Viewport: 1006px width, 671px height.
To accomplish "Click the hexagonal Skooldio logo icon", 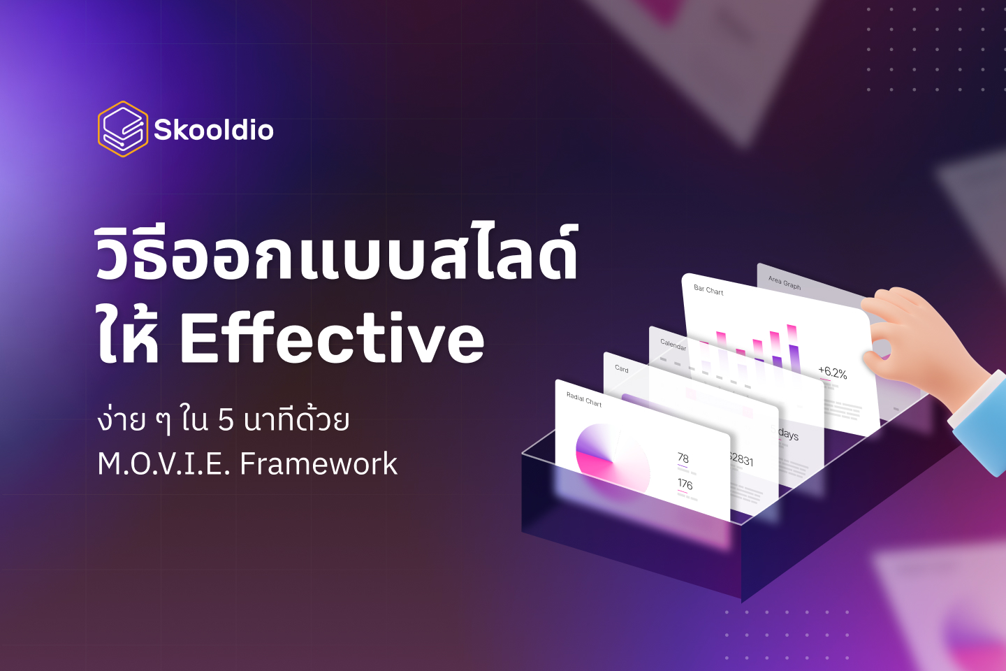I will (122, 129).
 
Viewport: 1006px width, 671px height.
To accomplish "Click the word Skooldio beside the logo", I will (214, 130).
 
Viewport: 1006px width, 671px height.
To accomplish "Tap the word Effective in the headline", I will (332, 339).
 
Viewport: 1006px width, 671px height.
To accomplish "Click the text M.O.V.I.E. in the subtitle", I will (164, 463).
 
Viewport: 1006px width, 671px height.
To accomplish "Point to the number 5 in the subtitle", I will (226, 420).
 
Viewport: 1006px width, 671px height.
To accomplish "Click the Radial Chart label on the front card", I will (584, 399).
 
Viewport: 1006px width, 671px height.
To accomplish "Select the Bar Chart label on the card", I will (708, 289).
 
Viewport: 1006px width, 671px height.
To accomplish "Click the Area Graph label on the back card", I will (785, 282).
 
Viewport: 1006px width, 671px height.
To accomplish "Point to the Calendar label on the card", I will (673, 344).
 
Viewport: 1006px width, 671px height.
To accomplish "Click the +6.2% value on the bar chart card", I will (832, 373).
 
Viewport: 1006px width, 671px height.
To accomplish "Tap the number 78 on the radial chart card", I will (683, 458).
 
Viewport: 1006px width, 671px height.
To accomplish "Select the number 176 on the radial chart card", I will (685, 484).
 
